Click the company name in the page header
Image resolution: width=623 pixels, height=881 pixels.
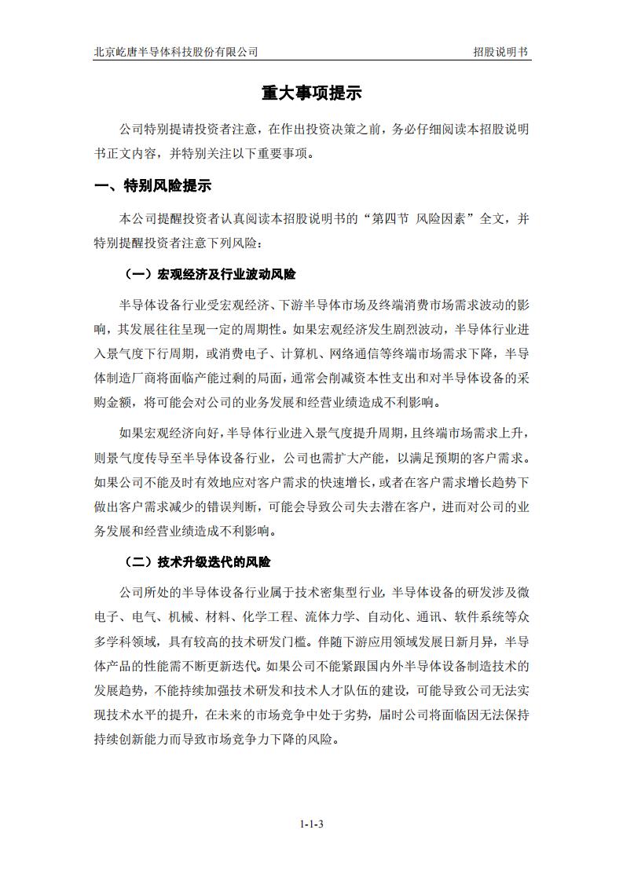click(x=176, y=52)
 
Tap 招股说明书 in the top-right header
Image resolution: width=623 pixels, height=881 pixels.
click(x=500, y=52)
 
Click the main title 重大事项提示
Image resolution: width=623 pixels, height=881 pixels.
click(x=311, y=93)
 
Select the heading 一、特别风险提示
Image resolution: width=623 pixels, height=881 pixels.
click(x=152, y=186)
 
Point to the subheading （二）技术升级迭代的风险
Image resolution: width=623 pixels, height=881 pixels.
click(x=198, y=562)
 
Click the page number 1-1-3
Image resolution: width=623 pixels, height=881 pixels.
click(x=312, y=824)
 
